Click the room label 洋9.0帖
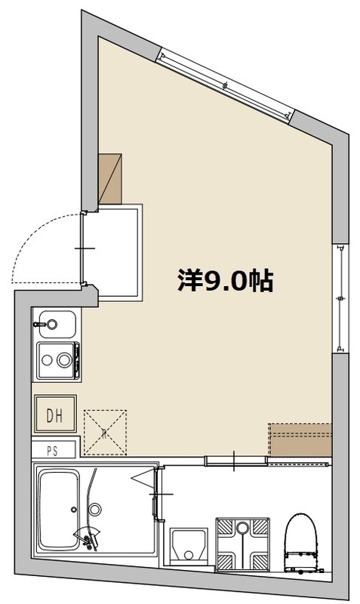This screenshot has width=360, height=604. click(x=225, y=281)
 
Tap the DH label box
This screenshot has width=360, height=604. click(x=55, y=414)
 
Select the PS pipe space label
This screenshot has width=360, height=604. click(x=53, y=451)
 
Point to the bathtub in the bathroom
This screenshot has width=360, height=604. click(x=59, y=510)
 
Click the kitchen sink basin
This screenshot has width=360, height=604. click(x=57, y=325)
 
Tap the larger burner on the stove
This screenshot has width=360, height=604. click(x=64, y=360)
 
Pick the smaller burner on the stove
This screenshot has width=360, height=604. click(x=47, y=361)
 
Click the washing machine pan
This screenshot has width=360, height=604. click(x=242, y=544)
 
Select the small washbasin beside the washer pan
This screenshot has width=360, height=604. click(x=189, y=546)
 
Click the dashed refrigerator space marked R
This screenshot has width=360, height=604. click(x=105, y=432)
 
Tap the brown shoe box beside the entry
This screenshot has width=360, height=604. click(x=110, y=179)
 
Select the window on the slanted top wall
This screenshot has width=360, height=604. click(x=225, y=85)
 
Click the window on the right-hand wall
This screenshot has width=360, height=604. click(x=340, y=298)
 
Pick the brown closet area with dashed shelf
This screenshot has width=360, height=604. click(x=300, y=440)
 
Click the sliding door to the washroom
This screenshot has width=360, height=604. click(x=235, y=461)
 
